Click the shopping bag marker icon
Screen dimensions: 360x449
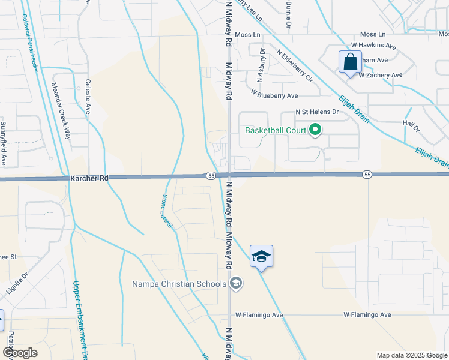point(349,62)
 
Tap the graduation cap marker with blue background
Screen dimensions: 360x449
point(261,257)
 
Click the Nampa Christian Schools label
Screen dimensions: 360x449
point(178,283)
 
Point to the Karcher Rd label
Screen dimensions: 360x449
point(88,178)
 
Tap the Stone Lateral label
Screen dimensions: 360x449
point(167,209)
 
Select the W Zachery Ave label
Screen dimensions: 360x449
point(380,75)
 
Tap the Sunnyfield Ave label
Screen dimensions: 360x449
point(4,144)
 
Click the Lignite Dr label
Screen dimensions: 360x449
point(17,285)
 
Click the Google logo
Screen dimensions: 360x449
point(20,353)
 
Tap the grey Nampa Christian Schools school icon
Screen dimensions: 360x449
point(236,283)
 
